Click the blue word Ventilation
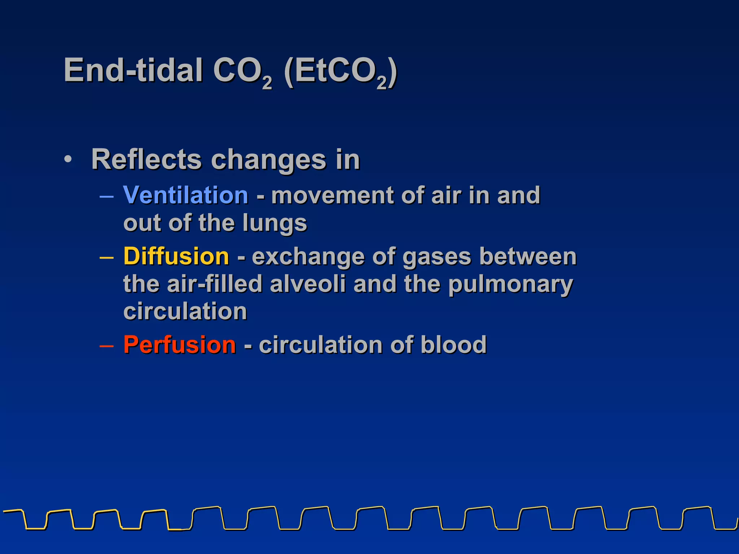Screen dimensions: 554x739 [x=185, y=195]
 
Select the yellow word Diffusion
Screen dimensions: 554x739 [x=176, y=256]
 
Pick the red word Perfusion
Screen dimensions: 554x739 [x=180, y=344]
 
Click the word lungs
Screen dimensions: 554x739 [x=274, y=224]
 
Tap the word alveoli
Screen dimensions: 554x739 [x=307, y=284]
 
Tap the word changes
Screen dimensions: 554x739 [x=268, y=160]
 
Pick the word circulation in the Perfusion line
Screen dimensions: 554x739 [x=320, y=344]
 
